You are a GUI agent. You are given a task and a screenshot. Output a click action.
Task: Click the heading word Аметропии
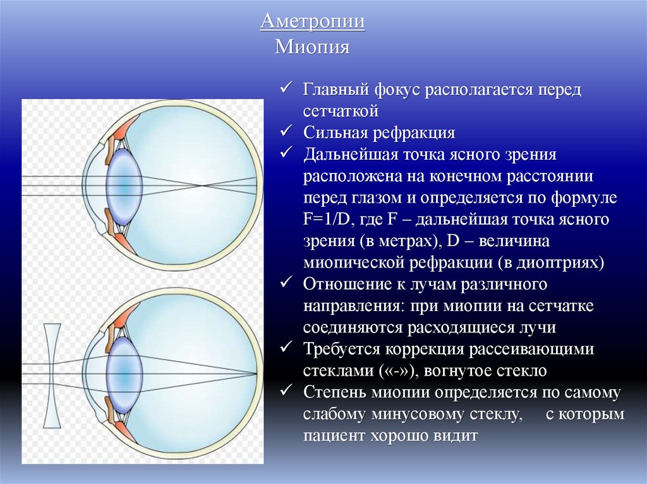point(313,23)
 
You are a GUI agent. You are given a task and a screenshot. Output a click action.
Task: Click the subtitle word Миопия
point(313,47)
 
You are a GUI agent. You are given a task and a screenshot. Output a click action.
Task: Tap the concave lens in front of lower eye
point(52,375)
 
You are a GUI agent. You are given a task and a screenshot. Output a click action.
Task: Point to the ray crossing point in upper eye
point(202,186)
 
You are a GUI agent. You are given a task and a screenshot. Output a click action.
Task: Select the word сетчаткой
point(341,111)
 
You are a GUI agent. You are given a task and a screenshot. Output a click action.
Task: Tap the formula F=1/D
point(329,220)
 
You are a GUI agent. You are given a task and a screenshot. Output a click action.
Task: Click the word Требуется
point(342,350)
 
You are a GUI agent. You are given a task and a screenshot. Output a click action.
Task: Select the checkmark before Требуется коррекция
point(286,348)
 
